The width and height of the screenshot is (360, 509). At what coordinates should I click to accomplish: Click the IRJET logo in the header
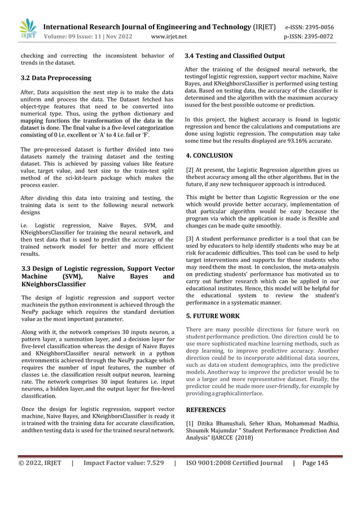click(x=27, y=28)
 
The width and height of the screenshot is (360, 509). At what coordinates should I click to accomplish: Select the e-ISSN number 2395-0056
click(x=318, y=27)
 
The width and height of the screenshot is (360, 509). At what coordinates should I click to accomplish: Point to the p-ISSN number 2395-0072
click(x=318, y=37)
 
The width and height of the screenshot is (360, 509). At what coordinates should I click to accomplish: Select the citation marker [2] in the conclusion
click(x=190, y=169)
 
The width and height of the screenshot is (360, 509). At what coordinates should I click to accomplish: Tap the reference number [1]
click(x=190, y=423)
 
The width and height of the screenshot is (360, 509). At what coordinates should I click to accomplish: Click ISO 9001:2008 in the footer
click(x=212, y=463)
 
